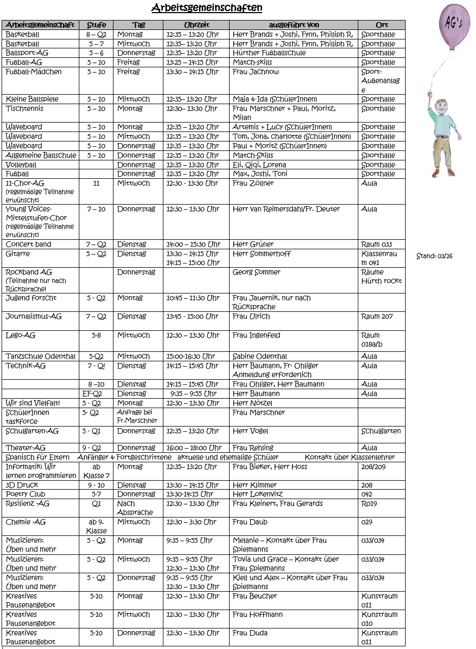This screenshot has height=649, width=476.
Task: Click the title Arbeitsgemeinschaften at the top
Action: pos(206,8)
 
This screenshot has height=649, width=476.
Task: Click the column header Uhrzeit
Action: pos(196,25)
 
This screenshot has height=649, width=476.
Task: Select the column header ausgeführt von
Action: pos(294,25)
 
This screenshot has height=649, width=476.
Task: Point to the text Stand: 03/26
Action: pos(434,256)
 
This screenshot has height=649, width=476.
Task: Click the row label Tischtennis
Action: pos(25,109)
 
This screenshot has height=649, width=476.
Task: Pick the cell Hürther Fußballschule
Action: pos(269,53)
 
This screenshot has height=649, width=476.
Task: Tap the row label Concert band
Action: pos(28,245)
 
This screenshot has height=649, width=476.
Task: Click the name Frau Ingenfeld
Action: pos(256,336)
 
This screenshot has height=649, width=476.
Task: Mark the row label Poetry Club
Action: pos(25,494)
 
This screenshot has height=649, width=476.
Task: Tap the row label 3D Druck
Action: pos(22,485)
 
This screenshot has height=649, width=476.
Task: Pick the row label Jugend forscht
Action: pos(31,298)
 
